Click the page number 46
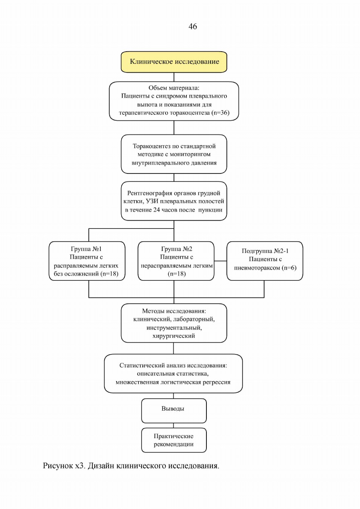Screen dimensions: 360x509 pyautogui.click(x=192, y=27)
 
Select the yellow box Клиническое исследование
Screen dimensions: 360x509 pyautogui.click(x=174, y=62)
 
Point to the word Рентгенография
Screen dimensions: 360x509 pyautogui.click(x=150, y=193)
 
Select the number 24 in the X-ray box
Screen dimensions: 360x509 pyautogui.click(x=157, y=210)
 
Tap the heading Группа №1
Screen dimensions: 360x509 pyautogui.click(x=86, y=249)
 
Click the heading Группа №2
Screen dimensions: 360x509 pyautogui.click(x=177, y=249)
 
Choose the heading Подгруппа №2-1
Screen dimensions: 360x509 pyautogui.click(x=265, y=251)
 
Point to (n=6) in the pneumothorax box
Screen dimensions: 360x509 pyautogui.click(x=289, y=268)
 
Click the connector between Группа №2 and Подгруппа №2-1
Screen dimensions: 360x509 pyautogui.click(x=220, y=261)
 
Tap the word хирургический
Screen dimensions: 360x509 pyautogui.click(x=174, y=336)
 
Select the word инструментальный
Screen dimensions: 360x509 pyautogui.click(x=174, y=328)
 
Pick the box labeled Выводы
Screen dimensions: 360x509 pyautogui.click(x=174, y=411)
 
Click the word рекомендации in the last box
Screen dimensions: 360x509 pyautogui.click(x=174, y=444)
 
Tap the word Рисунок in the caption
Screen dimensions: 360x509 pyautogui.click(x=58, y=466)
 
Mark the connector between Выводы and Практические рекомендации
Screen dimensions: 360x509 pyautogui.click(x=174, y=425)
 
